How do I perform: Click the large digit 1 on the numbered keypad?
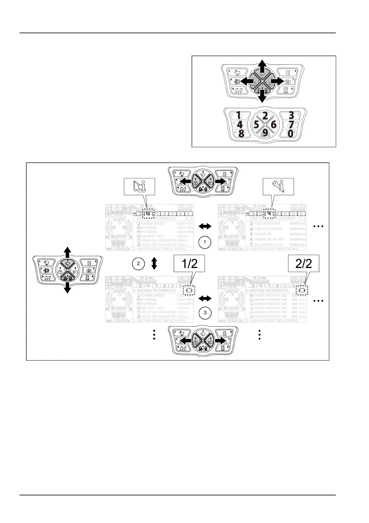238,116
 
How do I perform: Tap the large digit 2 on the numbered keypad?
265,116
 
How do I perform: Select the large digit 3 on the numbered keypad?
291,116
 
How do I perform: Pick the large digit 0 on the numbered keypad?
290,134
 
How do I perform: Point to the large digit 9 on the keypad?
265,133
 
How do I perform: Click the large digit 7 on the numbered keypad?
291,125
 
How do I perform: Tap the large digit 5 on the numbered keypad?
256,125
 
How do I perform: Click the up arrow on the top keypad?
262,66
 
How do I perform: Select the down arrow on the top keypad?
262,97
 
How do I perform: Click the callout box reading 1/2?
189,264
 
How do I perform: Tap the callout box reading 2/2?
304,264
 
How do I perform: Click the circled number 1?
205,242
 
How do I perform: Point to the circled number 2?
138,264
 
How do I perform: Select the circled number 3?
205,313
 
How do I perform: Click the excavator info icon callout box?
139,187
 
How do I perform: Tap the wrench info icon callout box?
278,187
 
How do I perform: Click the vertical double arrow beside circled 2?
154,264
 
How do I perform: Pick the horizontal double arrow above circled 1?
205,227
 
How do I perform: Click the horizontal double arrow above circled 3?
205,299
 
